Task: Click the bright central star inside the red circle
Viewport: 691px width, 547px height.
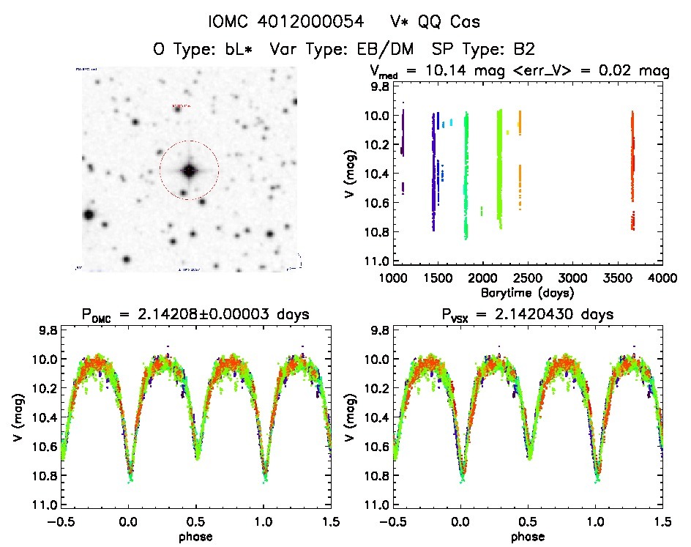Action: click(x=190, y=171)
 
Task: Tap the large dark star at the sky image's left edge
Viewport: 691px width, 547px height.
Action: click(x=89, y=215)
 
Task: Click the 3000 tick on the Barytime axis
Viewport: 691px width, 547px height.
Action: click(x=572, y=279)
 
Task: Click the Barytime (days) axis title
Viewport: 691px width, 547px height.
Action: click(x=527, y=292)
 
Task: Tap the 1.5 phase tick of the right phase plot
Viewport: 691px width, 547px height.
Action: click(x=662, y=521)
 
